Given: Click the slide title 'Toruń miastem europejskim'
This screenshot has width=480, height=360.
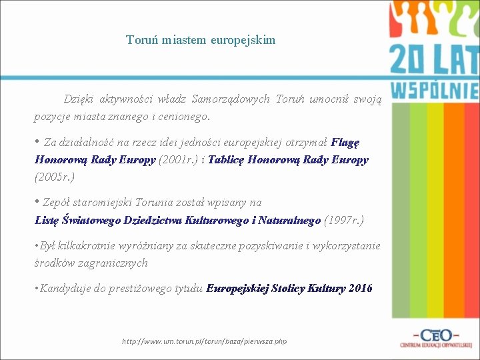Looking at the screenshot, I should click(201, 40).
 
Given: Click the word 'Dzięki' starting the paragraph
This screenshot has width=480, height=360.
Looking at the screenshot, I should click(79, 99).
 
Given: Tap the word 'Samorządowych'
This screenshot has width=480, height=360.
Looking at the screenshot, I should click(231, 99).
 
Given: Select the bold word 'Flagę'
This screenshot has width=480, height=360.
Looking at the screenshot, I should click(345, 142).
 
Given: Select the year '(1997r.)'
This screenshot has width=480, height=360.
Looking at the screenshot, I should click(344, 220).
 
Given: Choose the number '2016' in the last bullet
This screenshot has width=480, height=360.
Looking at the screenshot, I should click(360, 289).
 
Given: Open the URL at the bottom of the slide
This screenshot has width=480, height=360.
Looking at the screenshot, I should click(205, 341).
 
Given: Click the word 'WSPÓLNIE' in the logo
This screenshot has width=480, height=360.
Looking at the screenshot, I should click(434, 91).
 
